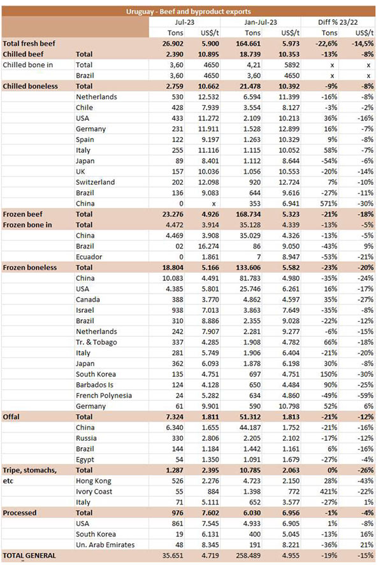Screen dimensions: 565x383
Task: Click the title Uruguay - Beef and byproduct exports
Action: coord(191,11)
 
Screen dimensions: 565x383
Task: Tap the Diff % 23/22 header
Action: coord(339,22)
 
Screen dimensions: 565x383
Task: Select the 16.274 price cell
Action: coord(212,246)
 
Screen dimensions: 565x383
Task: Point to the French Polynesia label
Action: coord(105,395)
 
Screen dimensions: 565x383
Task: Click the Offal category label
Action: coord(14,417)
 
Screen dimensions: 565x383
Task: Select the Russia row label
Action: coord(88,438)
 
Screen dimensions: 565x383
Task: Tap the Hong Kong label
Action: coord(94,481)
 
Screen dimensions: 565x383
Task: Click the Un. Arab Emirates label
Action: coord(108,545)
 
